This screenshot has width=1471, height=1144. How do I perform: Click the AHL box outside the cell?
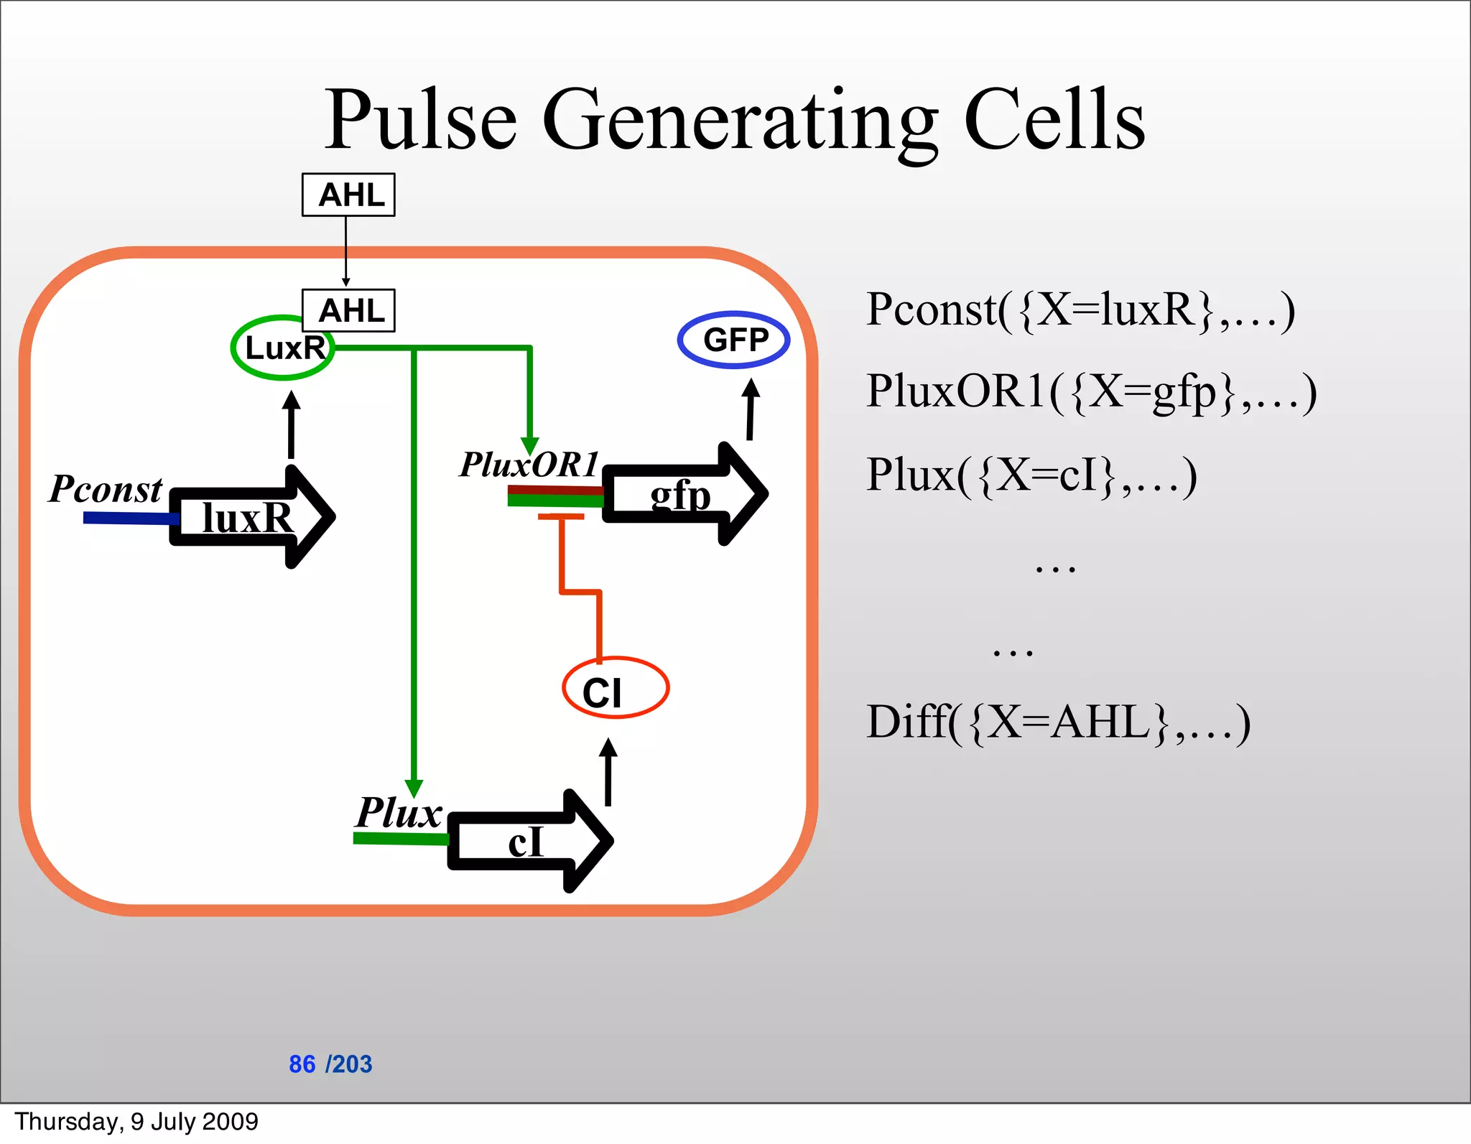348,195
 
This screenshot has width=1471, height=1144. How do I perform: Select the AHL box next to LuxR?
348,310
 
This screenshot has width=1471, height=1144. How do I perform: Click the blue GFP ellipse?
733,340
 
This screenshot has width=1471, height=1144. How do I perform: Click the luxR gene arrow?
251,517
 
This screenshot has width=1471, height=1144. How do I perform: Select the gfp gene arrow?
682,494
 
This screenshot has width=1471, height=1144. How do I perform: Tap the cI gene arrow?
528,841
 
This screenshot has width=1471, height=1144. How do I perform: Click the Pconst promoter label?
106,490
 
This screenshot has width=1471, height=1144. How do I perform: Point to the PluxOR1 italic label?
529,465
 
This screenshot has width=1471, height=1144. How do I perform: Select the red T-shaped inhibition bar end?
560,516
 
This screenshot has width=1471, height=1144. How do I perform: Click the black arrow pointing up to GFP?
751,409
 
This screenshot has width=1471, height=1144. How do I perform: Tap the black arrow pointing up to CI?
608,772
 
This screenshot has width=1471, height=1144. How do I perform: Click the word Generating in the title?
740,121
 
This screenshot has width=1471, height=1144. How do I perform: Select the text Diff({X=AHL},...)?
1057,722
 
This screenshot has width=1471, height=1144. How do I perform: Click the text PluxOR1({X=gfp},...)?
1090,392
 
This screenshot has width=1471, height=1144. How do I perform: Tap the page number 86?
302,1064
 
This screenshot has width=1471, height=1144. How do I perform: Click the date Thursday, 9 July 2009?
136,1121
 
